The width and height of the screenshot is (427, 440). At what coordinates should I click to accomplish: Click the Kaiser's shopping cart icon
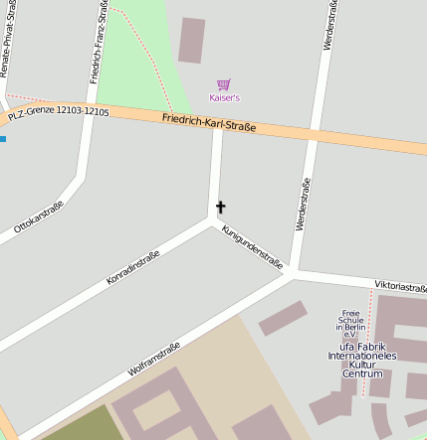(224, 84)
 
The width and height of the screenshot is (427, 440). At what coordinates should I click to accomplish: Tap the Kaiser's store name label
(224, 97)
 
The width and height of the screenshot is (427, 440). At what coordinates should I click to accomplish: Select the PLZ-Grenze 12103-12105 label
(58, 113)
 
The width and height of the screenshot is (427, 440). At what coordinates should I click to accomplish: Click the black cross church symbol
(220, 208)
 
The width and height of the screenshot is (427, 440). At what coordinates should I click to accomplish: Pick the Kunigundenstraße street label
(253, 247)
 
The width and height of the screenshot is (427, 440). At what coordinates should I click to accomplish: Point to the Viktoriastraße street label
(400, 286)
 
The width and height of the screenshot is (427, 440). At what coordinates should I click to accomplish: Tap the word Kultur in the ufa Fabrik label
(361, 365)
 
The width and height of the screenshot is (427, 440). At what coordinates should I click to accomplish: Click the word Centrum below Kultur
(361, 373)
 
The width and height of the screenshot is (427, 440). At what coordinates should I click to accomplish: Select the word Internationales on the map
(362, 355)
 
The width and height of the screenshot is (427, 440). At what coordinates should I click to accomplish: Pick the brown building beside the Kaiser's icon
(191, 40)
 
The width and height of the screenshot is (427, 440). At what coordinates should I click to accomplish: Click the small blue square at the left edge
(2, 138)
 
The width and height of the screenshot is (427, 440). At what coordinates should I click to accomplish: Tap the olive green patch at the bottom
(75, 426)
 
